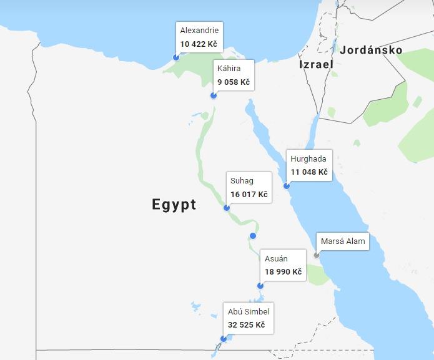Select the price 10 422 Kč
click(199, 44)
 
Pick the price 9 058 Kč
click(233, 82)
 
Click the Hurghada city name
click(308, 158)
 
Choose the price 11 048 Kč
click(308, 172)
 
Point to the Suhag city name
click(242, 181)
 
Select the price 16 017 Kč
click(249, 195)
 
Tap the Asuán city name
click(276, 258)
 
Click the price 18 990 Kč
click(283, 272)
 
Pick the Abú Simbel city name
click(249, 311)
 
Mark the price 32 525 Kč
click(246, 325)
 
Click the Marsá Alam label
click(342, 241)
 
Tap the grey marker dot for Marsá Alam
click(317, 255)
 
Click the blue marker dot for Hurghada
click(287, 185)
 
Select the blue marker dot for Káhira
click(214, 95)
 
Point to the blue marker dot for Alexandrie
click(176, 57)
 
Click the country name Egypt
click(174, 204)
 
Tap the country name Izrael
click(316, 64)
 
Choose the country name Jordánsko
click(371, 50)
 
